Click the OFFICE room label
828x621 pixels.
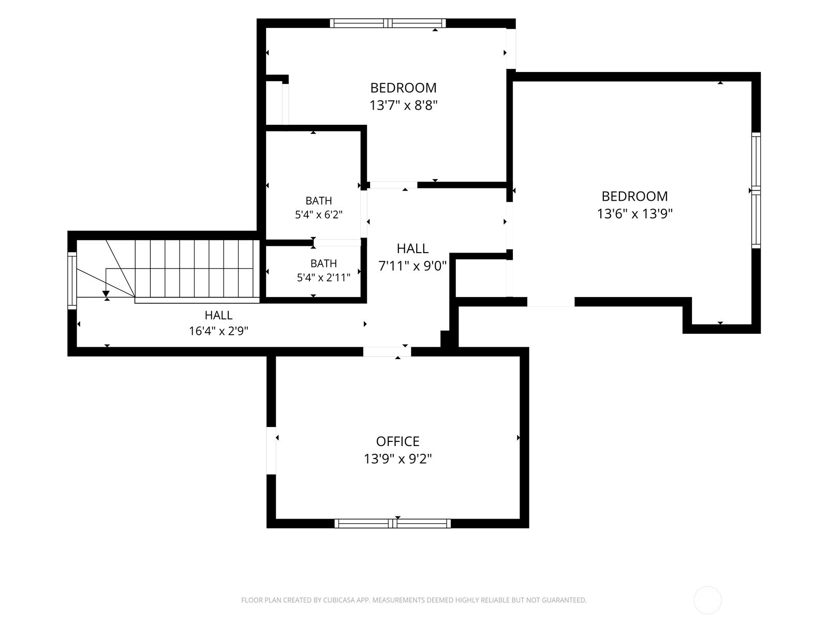pyautogui.click(x=397, y=441)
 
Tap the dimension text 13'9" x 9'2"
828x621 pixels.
pyautogui.click(x=397, y=459)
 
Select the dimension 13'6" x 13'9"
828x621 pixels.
pyautogui.click(x=634, y=214)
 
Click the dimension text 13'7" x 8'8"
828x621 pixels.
pyautogui.click(x=403, y=105)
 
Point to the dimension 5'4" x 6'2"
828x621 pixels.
pyautogui.click(x=319, y=215)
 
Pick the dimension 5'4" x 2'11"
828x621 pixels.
pyautogui.click(x=323, y=277)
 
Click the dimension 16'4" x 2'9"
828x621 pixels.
pyautogui.click(x=218, y=331)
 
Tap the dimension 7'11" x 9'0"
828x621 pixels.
pyautogui.click(x=412, y=266)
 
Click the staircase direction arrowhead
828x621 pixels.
pyautogui.click(x=106, y=294)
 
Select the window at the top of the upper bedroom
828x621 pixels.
pyautogui.click(x=388, y=23)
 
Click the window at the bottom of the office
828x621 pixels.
pyautogui.click(x=393, y=523)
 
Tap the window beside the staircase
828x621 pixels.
pyautogui.click(x=72, y=281)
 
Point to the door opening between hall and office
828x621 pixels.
pyautogui.click(x=387, y=351)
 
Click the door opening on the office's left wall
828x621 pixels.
pyautogui.click(x=271, y=450)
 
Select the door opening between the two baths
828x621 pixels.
pyautogui.click(x=337, y=243)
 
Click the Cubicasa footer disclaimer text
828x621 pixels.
pyautogui.click(x=414, y=600)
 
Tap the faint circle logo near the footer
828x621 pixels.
pyautogui.click(x=707, y=600)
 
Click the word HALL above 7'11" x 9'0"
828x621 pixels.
pyautogui.click(x=412, y=248)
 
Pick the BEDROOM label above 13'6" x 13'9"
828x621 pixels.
pyautogui.click(x=634, y=196)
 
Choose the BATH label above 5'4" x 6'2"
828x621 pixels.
pyautogui.click(x=319, y=201)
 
